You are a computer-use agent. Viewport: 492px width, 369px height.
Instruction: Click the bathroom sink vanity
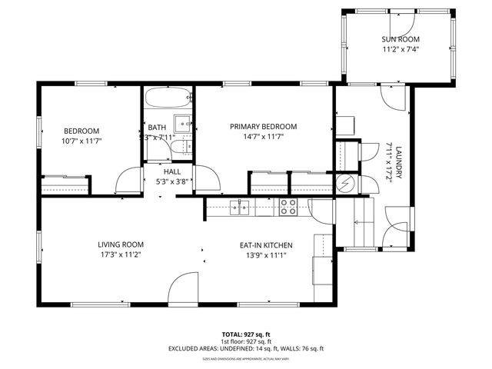point(183,122)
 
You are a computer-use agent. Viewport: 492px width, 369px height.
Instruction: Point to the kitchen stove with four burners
point(288,206)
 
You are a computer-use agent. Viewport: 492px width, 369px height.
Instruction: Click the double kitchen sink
point(240,206)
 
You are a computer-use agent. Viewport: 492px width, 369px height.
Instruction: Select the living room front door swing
point(184,288)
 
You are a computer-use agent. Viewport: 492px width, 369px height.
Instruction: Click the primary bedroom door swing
point(206,178)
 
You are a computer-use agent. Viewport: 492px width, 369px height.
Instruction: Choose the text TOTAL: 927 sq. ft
point(245,334)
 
